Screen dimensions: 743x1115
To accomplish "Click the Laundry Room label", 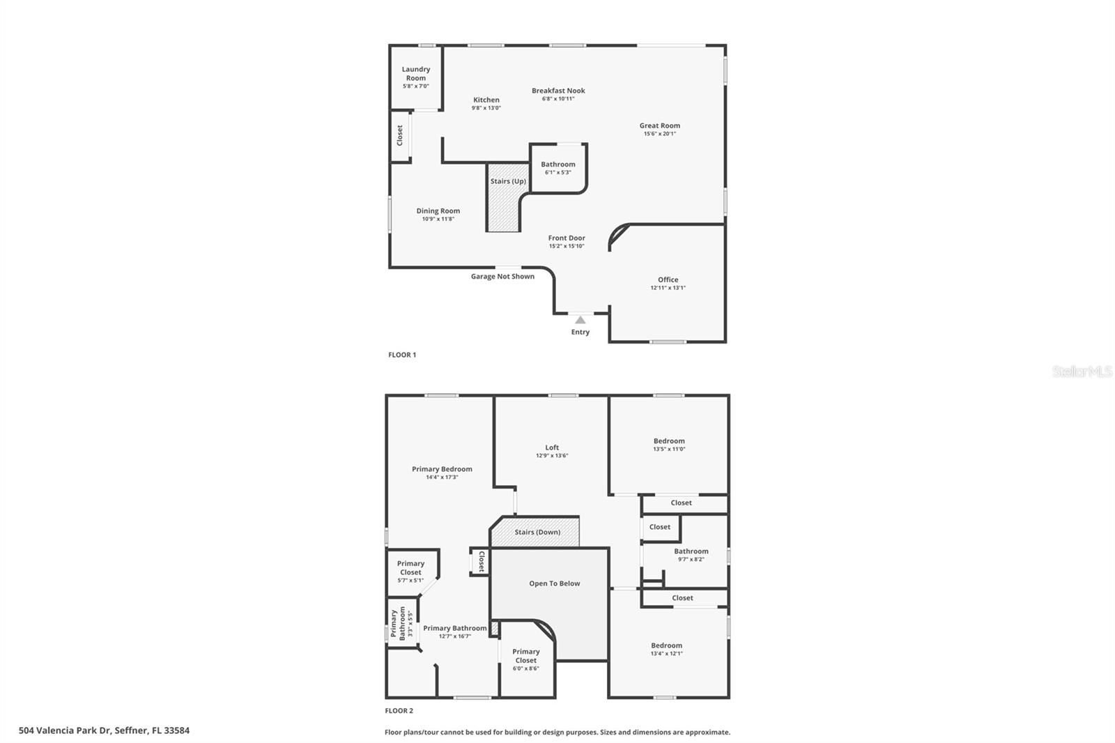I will tap(416, 73).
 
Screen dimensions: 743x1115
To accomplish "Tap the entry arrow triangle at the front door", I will tap(580, 320).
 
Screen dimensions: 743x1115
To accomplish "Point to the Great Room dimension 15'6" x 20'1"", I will tap(659, 134).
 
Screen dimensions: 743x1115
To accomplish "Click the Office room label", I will tap(668, 279).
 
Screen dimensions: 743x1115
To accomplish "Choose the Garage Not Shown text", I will tap(502, 277).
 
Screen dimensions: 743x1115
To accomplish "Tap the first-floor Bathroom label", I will tap(557, 164).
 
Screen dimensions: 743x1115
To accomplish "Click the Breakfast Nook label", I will tap(558, 91).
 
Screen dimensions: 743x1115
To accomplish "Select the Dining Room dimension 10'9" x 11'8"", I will tap(438, 219).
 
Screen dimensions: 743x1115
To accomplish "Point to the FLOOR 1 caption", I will tap(402, 355).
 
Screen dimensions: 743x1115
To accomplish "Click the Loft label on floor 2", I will tap(552, 447).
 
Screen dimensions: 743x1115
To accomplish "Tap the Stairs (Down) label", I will tap(537, 533).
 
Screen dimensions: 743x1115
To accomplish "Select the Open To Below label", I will tap(554, 583).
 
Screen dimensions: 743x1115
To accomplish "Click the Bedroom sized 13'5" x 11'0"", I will tap(669, 441).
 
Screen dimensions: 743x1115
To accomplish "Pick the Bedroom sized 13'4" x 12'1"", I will tap(666, 645).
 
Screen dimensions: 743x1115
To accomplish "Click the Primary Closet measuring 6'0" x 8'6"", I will tap(526, 656).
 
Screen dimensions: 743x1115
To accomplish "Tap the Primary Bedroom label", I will tap(442, 469).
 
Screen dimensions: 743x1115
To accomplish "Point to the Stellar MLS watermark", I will tap(1082, 371).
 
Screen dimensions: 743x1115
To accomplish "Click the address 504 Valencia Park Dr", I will tap(104, 730).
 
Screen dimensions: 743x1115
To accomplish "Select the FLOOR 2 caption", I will tap(399, 711).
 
